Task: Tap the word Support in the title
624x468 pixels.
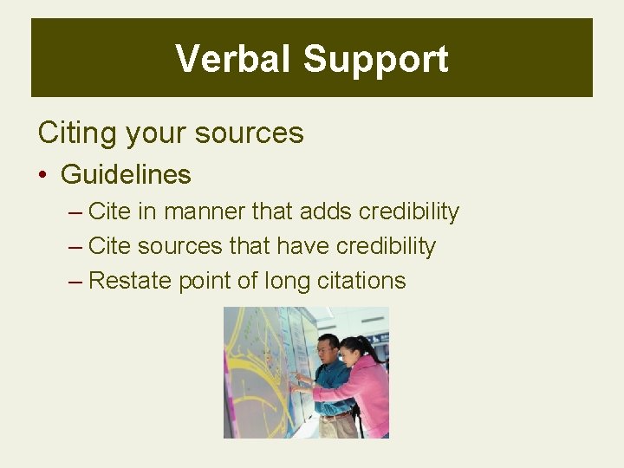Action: coord(375,59)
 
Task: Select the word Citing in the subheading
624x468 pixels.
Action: coord(78,133)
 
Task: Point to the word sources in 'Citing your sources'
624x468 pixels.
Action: coord(250,133)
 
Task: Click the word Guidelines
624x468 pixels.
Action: coord(126,174)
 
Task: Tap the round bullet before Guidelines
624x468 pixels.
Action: coord(42,175)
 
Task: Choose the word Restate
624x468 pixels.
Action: coord(128,281)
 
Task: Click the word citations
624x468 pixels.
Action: coord(355,281)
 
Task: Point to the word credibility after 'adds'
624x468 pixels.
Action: coord(409,211)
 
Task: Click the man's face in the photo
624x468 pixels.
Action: coord(327,351)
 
